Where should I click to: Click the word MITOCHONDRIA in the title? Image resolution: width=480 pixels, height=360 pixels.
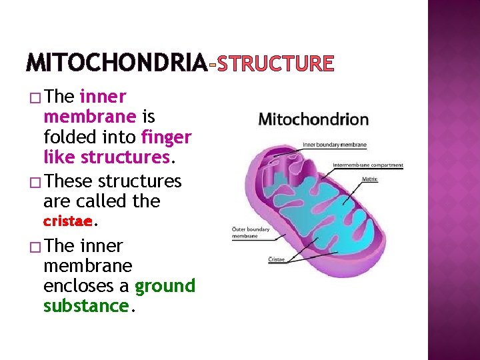point(117,63)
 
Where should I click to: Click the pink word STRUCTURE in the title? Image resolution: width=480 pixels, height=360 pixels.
point(273,63)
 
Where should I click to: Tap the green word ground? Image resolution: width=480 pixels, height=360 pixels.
point(165,286)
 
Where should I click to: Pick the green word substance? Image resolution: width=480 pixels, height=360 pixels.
point(85,306)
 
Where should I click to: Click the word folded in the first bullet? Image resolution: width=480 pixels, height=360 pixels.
point(71,137)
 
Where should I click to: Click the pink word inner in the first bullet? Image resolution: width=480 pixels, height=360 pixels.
point(103,97)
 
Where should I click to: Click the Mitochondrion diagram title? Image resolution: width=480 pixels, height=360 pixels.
point(313,120)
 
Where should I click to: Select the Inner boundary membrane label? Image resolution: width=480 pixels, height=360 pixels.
point(335,145)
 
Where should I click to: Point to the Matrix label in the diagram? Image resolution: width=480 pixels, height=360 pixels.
point(370,179)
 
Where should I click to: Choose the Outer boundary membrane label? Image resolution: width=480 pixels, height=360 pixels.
point(251,233)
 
